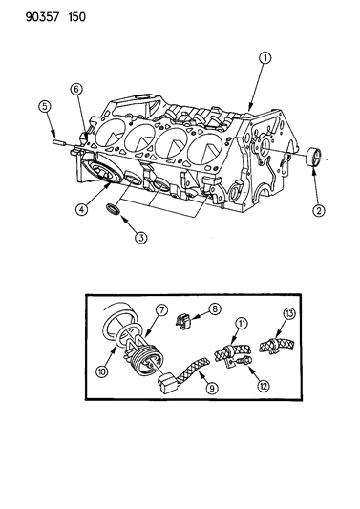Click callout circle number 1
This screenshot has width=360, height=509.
tap(265, 58)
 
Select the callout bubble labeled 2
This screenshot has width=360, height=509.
tap(318, 211)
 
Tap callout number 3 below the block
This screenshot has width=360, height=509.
tap(140, 238)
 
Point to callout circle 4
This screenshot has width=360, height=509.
tap(81, 209)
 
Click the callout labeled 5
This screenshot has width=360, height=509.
tap(45, 106)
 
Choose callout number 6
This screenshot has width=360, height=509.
tap(76, 89)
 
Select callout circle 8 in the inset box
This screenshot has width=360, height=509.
tap(214, 308)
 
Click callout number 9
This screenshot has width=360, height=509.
tap(211, 388)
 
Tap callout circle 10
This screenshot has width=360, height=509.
tap(102, 371)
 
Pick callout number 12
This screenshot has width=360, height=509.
tap(263, 386)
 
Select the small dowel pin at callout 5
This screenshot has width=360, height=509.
tap(58, 142)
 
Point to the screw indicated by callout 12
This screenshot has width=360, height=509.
tap(244, 360)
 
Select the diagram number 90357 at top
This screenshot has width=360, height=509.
tap(43, 17)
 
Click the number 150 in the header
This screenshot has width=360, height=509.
tap(77, 17)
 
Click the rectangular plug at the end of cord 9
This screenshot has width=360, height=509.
tap(167, 384)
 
